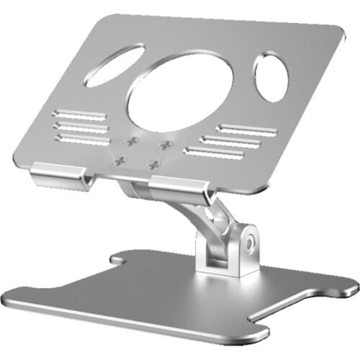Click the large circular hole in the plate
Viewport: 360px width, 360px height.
180,91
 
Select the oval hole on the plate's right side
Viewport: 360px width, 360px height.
271,77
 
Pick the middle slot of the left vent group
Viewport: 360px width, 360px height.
81,125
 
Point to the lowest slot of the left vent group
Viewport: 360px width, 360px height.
81,136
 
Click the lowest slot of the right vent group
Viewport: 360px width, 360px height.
213,152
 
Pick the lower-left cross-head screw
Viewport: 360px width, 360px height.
121,160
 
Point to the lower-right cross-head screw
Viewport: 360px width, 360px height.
153,166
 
